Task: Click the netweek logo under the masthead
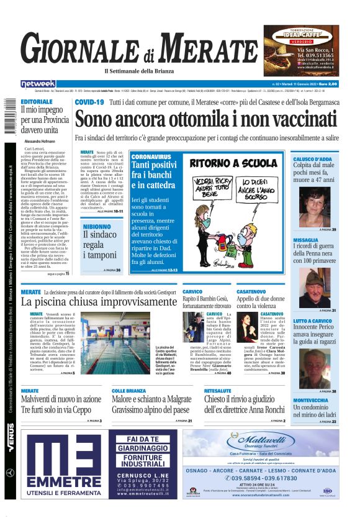(x=38, y=83)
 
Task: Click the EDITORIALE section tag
(x=36, y=101)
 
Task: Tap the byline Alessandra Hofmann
(x=44, y=141)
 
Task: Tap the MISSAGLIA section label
(x=306, y=240)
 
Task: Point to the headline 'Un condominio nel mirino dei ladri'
(x=315, y=411)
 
